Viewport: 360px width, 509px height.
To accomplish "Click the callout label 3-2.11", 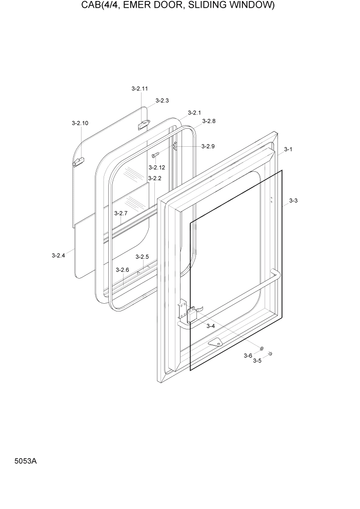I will coord(139,89).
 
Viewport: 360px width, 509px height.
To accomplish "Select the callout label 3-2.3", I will coord(162,101).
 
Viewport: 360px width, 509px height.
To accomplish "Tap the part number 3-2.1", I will coord(194,112).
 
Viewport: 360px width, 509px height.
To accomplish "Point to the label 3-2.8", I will coord(209,121).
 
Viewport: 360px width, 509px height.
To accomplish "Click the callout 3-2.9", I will coord(208,146).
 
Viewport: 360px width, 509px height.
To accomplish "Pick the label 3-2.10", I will coord(79,123).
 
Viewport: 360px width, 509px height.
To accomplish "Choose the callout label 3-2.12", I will coord(156,168).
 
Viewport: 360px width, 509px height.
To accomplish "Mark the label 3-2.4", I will coord(58,255).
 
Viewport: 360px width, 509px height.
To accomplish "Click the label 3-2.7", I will coord(121,213).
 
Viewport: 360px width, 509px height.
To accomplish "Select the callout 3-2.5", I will coord(142,257).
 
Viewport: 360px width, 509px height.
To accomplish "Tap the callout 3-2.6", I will coord(122,270).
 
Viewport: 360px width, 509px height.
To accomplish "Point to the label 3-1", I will coord(288,149).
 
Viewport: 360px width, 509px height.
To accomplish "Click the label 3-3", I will coord(293,201).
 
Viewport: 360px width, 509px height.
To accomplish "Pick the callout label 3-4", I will coord(210,326).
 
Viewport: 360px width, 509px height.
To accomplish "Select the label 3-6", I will coord(248,356).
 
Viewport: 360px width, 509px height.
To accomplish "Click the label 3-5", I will coord(257,361).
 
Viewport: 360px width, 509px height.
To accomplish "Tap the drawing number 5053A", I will coord(26,461).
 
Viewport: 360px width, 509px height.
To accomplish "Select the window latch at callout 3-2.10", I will coord(78,162).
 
